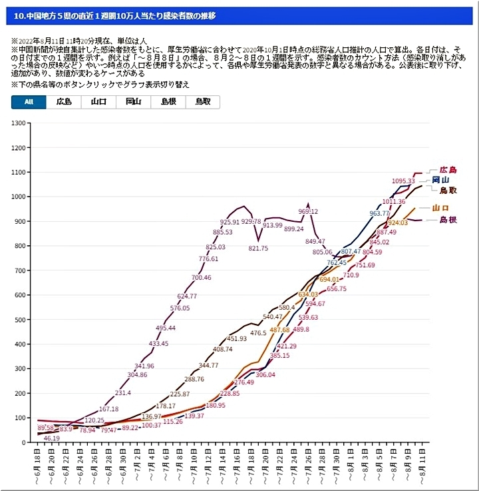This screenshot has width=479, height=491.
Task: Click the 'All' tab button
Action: click(x=29, y=102)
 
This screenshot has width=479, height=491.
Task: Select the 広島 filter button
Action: click(x=64, y=102)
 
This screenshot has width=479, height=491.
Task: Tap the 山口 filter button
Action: click(x=98, y=102)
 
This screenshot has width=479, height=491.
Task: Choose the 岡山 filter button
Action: click(x=133, y=102)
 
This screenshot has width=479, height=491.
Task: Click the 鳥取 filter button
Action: click(x=202, y=102)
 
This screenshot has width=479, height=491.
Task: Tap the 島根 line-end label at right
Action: click(x=448, y=220)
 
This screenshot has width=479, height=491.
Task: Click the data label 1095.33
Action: click(x=403, y=181)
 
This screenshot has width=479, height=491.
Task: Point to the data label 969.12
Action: click(x=308, y=211)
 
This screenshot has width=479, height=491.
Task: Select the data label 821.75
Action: click(x=258, y=248)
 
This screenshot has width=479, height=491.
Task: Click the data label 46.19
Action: click(x=52, y=438)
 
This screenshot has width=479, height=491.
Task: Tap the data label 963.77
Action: click(x=379, y=214)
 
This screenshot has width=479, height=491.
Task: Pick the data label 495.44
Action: click(x=166, y=328)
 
